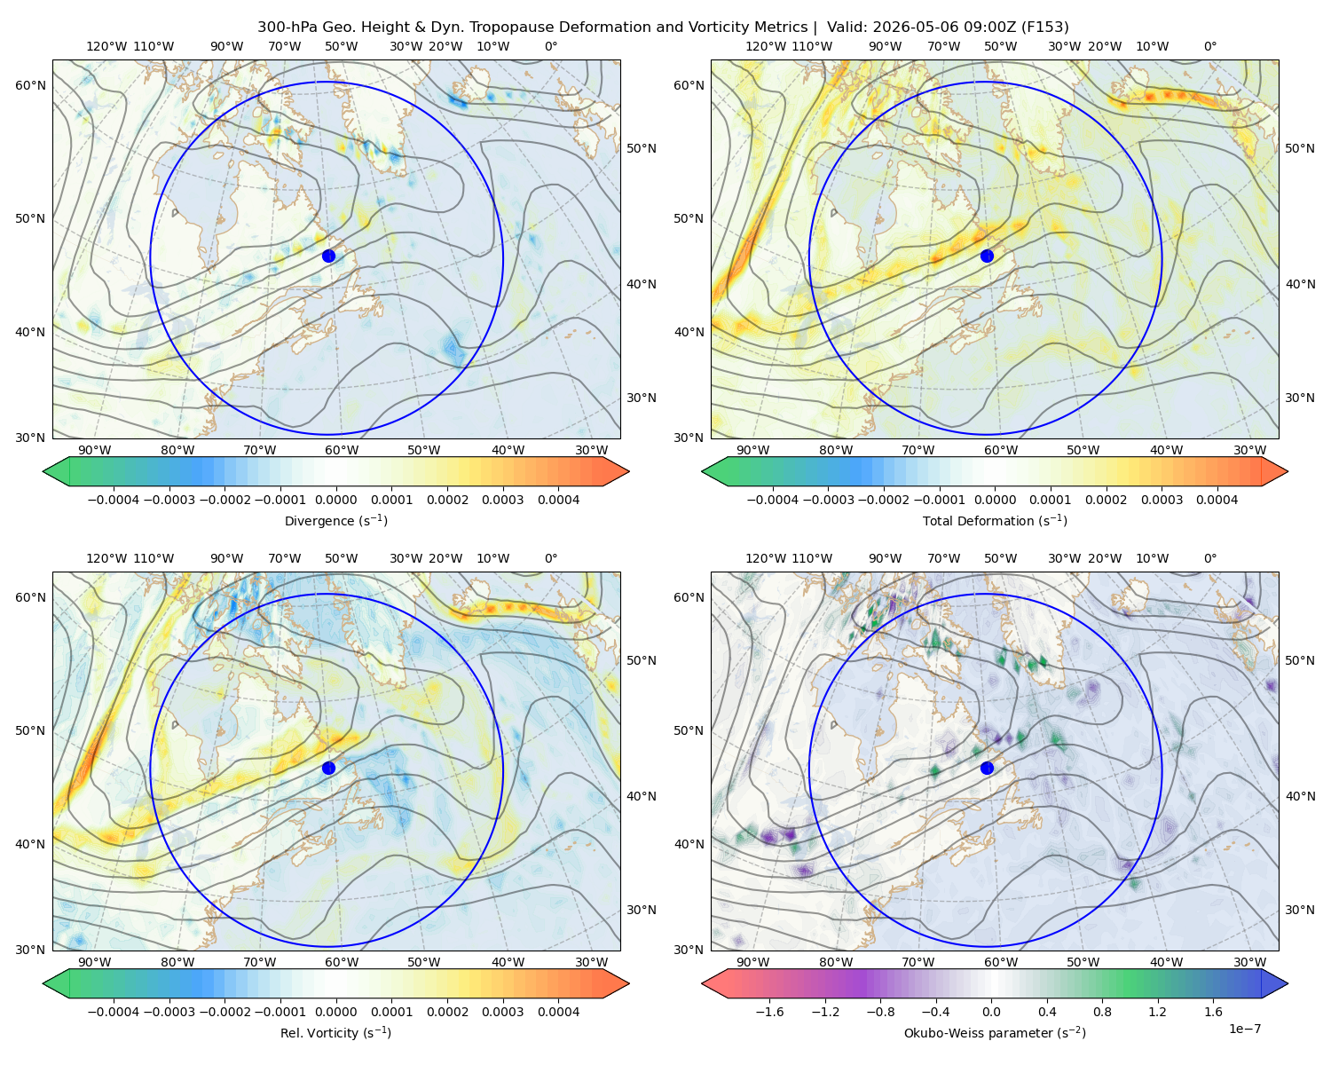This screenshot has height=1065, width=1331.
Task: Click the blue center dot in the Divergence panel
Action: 328,256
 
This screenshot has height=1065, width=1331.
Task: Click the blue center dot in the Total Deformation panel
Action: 987,256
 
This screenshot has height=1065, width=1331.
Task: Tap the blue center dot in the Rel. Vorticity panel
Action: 328,768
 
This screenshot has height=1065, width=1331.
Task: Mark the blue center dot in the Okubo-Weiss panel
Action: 987,768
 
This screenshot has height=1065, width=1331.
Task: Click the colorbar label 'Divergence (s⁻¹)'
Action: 335,520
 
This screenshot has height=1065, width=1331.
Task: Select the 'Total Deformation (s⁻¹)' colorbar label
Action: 995,520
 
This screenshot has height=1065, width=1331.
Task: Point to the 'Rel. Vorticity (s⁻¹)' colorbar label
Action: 335,1033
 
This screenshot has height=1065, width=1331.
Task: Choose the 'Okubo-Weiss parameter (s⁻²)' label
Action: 995,1033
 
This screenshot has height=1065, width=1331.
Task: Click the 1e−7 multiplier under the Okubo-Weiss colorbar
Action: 1244,1029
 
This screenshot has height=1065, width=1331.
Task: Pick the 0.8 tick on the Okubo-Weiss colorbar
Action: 1102,1012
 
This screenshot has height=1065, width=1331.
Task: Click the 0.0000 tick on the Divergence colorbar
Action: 335,500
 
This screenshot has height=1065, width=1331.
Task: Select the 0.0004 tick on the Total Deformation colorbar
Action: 1217,500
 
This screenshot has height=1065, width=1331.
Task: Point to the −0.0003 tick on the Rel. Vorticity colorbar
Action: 169,1012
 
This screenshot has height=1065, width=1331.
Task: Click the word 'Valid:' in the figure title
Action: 847,28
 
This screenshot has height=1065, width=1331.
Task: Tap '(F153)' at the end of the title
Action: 1044,28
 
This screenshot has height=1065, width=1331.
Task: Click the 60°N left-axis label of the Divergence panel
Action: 30,85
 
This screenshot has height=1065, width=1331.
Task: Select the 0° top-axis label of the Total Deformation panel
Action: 1209,46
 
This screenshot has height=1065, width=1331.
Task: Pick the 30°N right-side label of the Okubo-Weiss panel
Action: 1300,910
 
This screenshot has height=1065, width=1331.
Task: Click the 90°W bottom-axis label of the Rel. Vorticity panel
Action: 95,962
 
